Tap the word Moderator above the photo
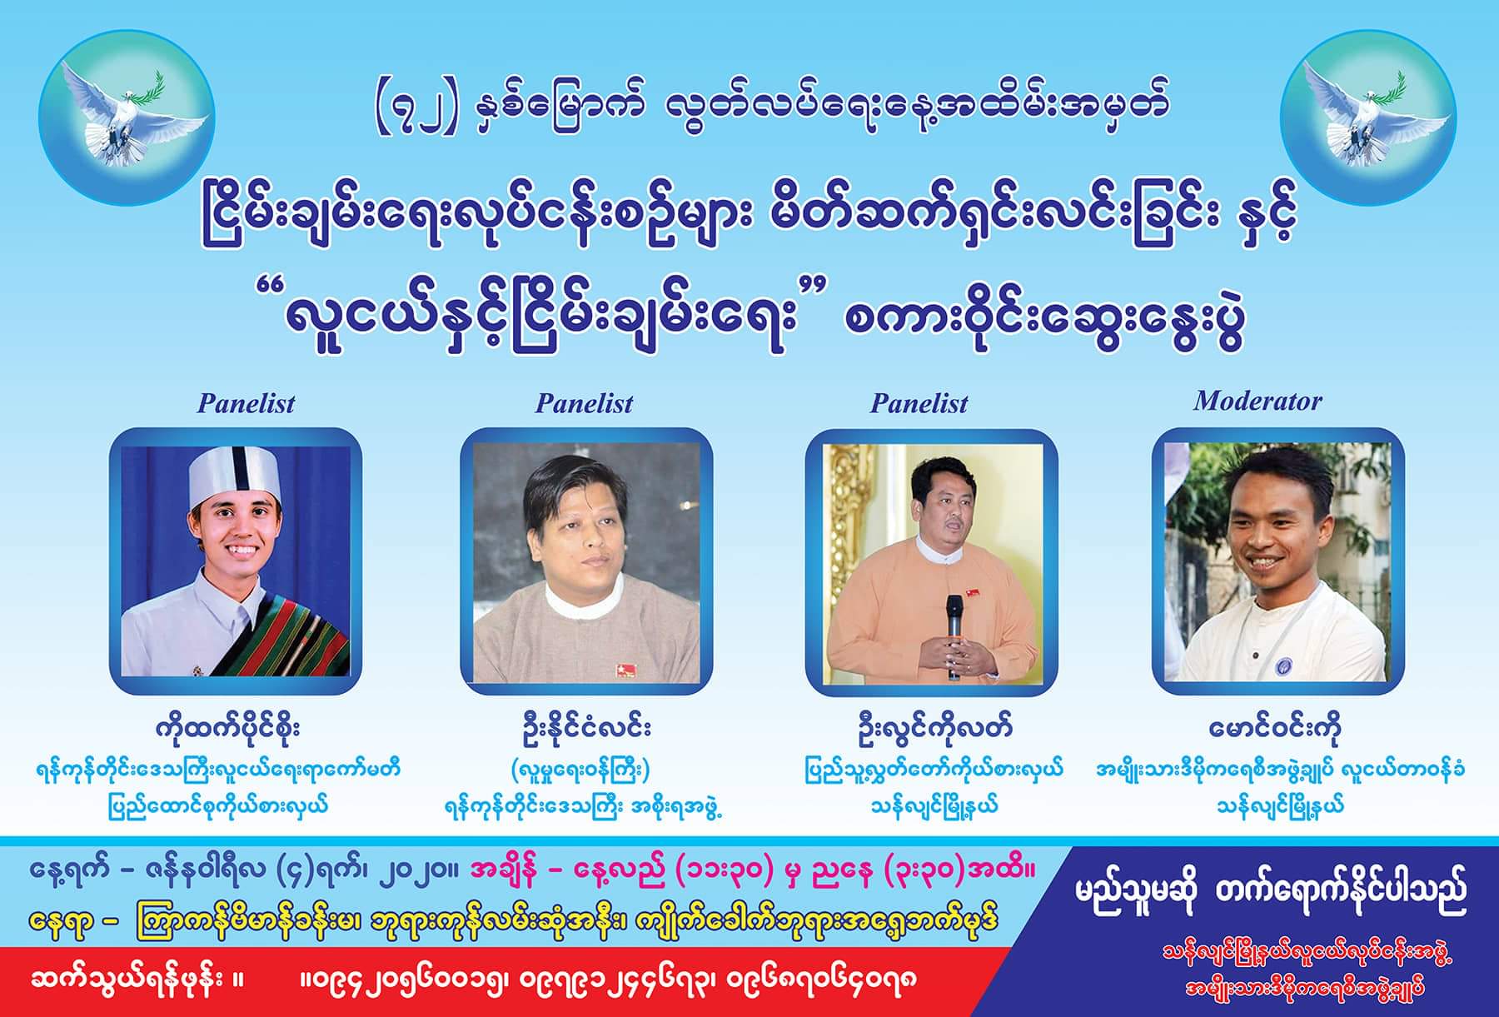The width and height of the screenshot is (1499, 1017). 1257,401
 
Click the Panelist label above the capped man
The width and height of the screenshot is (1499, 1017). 246,404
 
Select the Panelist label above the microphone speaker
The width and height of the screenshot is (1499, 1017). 919,404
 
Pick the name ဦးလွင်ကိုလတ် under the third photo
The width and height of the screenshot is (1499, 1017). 931,728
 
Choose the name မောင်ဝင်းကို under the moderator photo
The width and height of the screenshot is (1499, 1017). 1275,728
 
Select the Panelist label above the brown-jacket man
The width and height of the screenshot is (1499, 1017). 584,404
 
